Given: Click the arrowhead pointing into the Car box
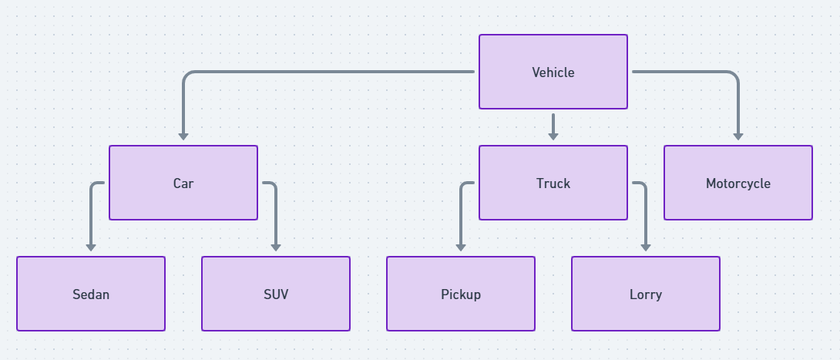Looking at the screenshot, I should [x=183, y=136].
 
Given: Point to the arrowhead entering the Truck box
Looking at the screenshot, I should [x=553, y=136].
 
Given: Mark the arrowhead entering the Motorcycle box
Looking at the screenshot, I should [x=738, y=136].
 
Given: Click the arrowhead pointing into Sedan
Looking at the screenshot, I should [x=91, y=247].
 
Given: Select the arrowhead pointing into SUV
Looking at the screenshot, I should [x=276, y=247].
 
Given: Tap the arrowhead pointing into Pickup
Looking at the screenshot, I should [x=461, y=247].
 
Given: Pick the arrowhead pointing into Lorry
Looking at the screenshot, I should [x=646, y=247].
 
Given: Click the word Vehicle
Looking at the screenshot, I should [x=553, y=72].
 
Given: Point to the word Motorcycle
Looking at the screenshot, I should [x=738, y=183].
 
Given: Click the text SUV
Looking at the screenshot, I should [x=276, y=294].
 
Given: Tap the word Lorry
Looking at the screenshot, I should [x=646, y=294].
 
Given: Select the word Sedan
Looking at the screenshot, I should [x=91, y=294].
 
